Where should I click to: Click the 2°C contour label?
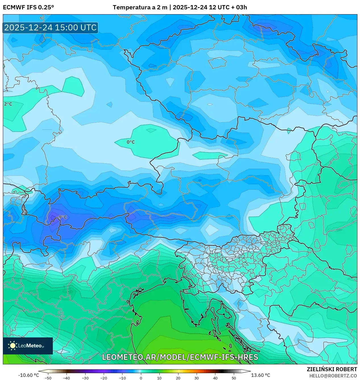8,104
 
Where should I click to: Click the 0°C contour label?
131,142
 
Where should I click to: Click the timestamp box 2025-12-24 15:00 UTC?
50,28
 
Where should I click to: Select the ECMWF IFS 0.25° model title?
28,7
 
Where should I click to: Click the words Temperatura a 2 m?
140,7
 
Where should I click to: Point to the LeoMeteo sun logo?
13,346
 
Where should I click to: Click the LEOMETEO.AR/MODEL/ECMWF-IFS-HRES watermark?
180,357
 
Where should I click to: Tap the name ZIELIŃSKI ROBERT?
332,369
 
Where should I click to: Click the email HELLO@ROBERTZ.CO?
333,376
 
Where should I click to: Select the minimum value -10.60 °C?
28,375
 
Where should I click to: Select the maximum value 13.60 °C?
260,375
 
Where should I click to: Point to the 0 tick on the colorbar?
141,378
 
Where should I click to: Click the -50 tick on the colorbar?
48,378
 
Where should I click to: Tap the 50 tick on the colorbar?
234,378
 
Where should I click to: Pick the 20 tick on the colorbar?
178,378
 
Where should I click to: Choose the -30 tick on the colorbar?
85,378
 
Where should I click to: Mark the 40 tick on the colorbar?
215,378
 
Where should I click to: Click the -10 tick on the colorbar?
122,378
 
